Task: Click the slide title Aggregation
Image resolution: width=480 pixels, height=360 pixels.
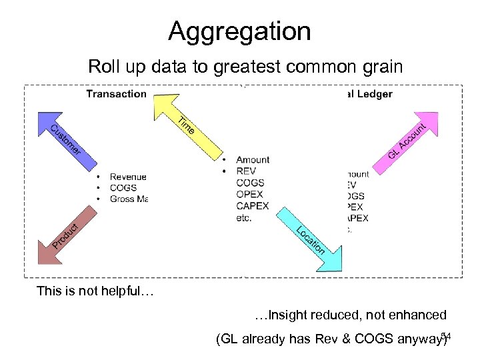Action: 239,31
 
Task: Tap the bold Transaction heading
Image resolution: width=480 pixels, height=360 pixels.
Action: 116,94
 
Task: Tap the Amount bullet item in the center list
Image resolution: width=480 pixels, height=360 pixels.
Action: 253,160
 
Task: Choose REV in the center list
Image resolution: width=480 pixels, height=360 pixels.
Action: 246,171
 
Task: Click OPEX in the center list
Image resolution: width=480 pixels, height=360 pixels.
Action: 249,194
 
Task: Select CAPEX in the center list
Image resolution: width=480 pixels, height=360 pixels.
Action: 252,206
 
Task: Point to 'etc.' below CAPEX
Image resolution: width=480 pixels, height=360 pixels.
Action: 244,217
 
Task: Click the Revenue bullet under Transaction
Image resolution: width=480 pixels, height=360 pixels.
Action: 128,177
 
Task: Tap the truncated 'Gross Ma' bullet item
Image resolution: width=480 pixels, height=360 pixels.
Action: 128,199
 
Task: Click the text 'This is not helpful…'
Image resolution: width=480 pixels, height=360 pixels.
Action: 95,291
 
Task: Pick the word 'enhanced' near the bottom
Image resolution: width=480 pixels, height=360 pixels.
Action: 420,315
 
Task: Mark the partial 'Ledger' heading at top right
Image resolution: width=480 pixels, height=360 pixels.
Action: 374,94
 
